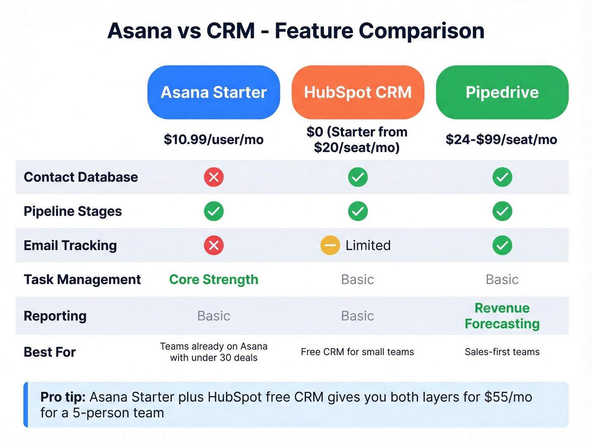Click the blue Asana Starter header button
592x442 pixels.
214,92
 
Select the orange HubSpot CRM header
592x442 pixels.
358,92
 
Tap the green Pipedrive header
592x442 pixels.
502,92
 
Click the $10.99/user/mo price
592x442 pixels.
214,140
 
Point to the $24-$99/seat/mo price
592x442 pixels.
501,140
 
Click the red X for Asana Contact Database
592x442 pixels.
214,177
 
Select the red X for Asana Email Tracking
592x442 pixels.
214,245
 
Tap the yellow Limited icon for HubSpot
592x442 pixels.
330,245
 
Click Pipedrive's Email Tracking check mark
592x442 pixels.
502,245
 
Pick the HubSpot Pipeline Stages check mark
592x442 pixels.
358,211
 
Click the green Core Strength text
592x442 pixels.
214,280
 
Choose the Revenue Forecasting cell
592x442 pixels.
502,316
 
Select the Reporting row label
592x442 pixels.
55,316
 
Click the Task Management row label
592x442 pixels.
82,280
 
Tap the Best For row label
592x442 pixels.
49,352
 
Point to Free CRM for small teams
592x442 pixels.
357,352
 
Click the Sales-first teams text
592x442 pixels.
502,352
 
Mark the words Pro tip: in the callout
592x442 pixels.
63,397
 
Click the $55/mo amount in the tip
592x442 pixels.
508,397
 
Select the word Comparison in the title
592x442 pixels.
421,31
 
